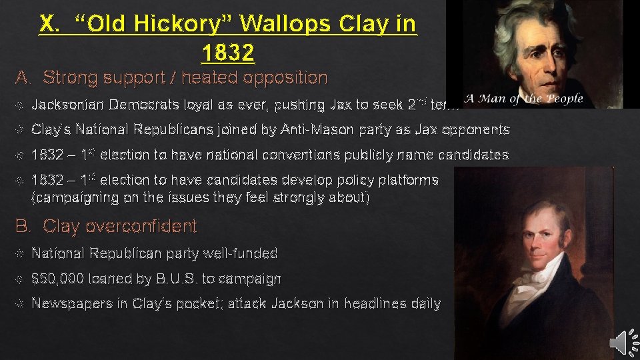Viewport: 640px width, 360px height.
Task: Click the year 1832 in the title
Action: (227, 51)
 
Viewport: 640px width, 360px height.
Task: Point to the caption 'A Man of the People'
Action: (524, 99)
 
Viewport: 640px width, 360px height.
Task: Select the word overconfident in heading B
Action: (121, 227)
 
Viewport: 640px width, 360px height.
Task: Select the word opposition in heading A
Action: (285, 78)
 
